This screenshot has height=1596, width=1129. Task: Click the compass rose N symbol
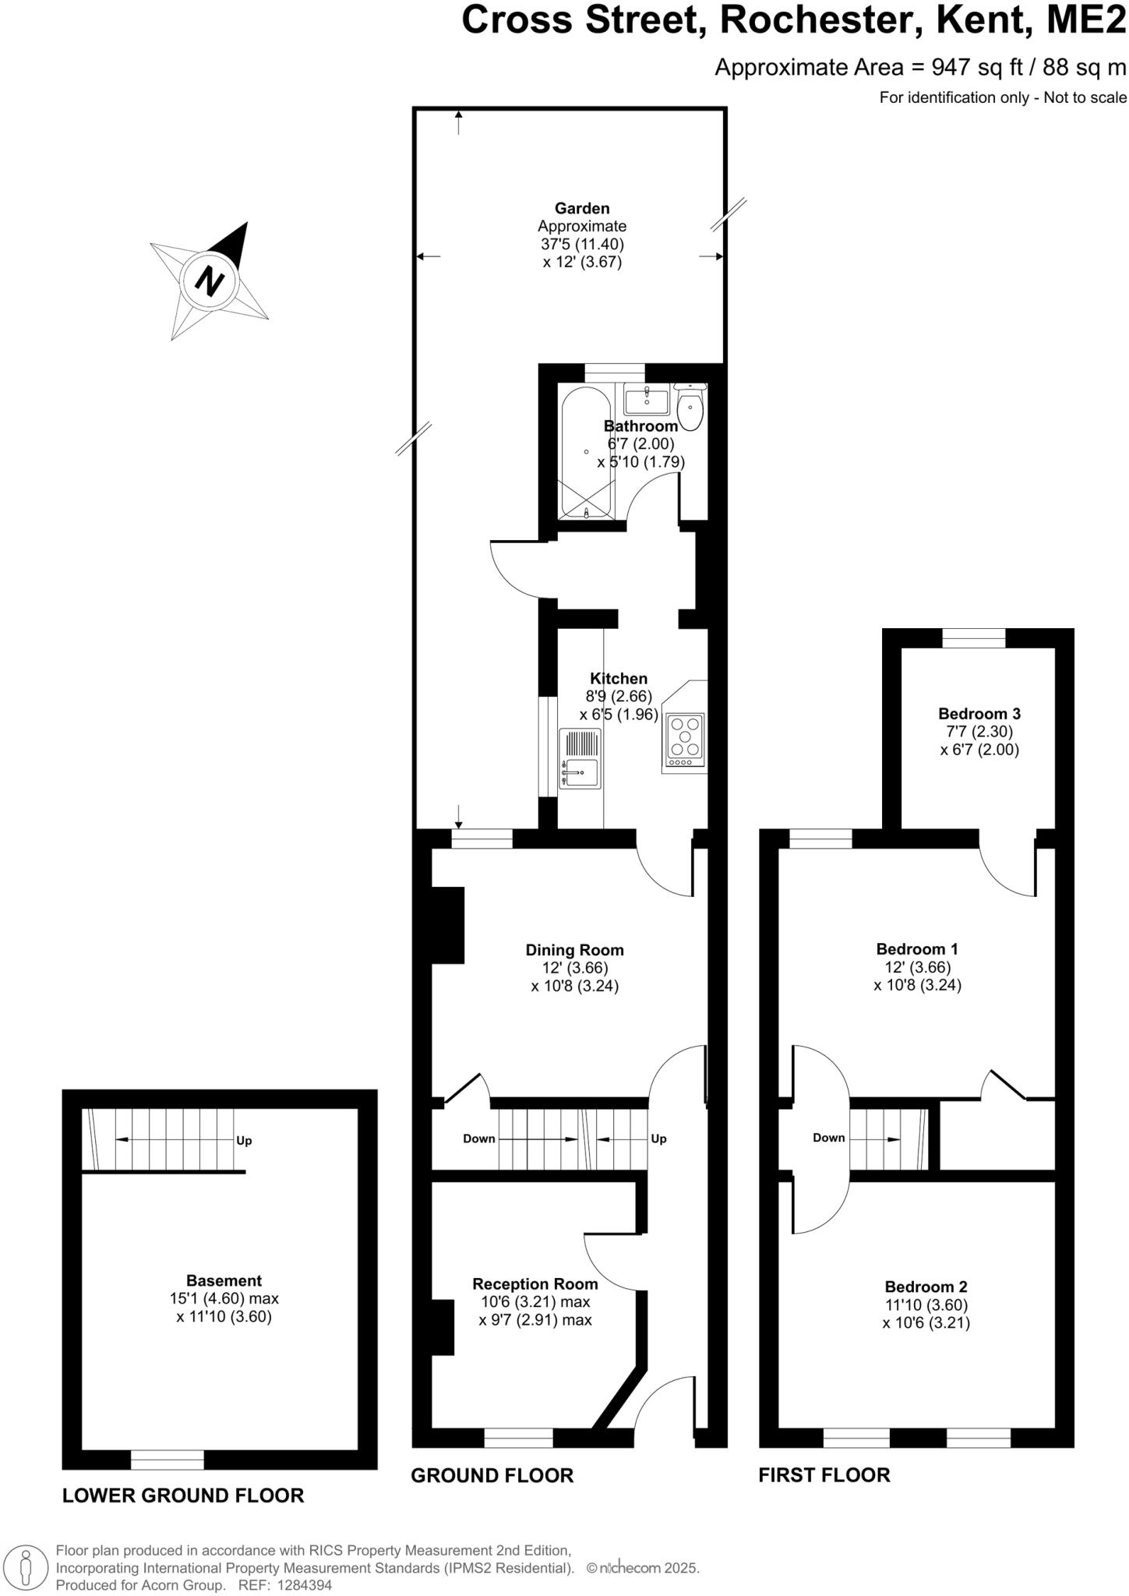209,281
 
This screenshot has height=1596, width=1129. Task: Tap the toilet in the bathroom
690,408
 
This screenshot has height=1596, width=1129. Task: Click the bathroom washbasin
646,401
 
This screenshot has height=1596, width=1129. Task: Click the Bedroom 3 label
979,713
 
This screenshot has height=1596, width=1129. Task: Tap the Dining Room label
574,950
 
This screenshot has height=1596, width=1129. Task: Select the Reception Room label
535,1284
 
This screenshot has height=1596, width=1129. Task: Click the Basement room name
224,1280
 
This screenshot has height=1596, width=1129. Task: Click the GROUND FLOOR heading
492,1474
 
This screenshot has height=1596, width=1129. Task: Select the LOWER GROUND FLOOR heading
183,1495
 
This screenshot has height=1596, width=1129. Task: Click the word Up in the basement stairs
244,1140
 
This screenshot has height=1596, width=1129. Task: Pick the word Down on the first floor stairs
828,1137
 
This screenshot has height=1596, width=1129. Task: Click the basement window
167,1459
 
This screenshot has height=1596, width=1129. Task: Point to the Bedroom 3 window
973,638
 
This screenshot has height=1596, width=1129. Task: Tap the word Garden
581,208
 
